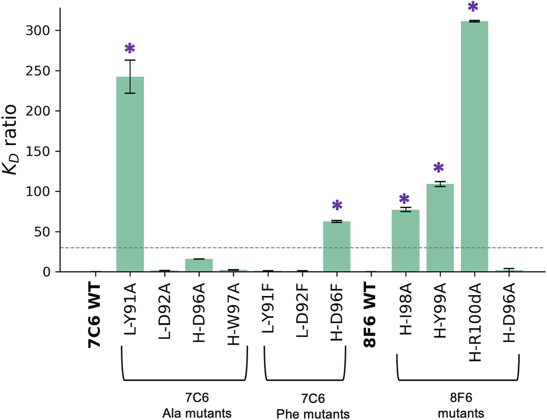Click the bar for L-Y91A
[130, 174]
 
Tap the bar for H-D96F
[336, 247]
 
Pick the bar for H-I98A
[405, 241]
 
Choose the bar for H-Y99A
[440, 228]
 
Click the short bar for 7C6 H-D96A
[199, 266]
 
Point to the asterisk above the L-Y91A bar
[130, 49]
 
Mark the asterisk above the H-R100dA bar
[473, 7]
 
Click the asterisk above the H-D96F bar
[337, 206]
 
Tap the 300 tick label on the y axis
[38, 31]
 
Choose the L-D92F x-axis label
[302, 309]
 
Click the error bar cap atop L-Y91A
[130, 60]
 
